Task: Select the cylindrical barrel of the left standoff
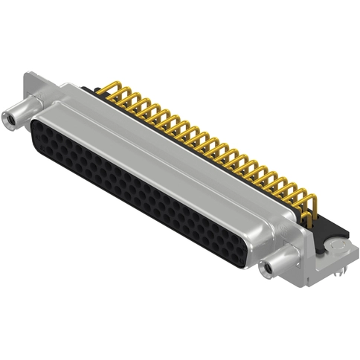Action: pos(22,112)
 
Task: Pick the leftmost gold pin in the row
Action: pos(115,88)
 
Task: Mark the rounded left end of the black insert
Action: pos(34,134)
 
